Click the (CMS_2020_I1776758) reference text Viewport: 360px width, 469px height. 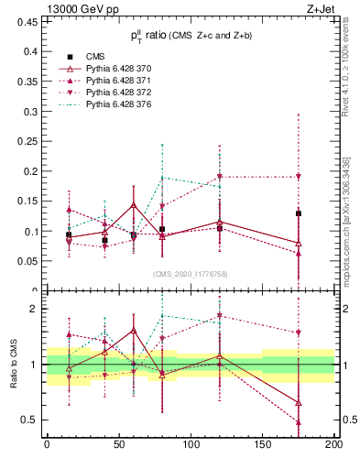point(190,274)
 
